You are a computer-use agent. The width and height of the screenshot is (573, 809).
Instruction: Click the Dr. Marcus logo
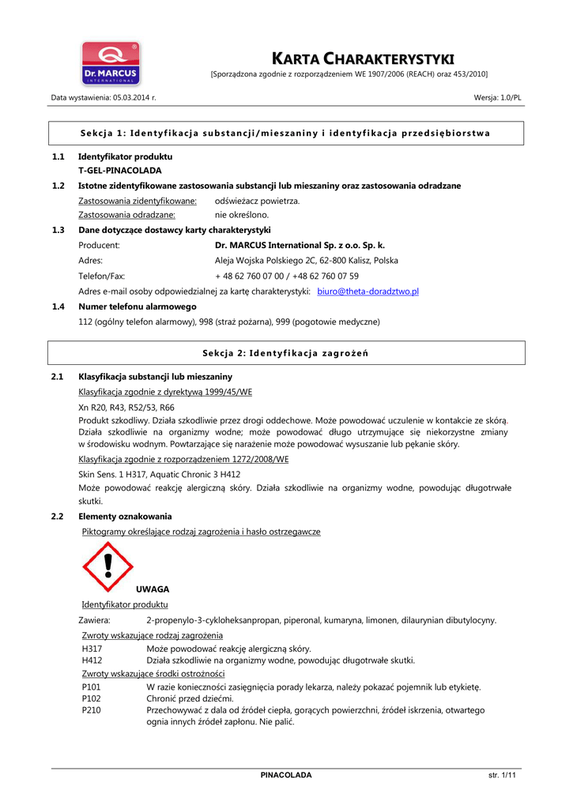[x=111, y=63]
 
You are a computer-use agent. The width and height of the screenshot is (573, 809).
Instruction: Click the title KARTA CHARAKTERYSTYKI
[x=363, y=58]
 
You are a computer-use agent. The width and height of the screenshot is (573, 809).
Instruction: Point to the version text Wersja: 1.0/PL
[x=497, y=97]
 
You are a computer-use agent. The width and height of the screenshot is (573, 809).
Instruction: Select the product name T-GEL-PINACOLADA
[x=120, y=170]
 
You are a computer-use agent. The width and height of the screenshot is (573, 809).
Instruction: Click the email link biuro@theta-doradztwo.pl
[x=368, y=292]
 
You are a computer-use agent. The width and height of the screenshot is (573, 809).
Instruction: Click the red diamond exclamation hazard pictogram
[x=107, y=566]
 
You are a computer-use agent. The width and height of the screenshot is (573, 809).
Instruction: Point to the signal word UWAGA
[x=153, y=589]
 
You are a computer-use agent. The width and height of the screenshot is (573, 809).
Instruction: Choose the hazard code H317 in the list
[x=92, y=649]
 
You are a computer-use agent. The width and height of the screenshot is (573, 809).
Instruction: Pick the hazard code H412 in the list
[x=92, y=660]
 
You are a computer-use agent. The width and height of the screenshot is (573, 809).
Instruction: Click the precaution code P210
[x=91, y=710]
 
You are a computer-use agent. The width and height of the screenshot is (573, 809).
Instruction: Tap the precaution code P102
[x=91, y=698]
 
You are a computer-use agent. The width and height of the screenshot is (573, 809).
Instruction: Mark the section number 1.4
[x=58, y=307]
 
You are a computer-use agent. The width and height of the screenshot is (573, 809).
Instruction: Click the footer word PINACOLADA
[x=286, y=775]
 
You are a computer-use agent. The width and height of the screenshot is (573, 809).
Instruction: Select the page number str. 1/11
[x=502, y=775]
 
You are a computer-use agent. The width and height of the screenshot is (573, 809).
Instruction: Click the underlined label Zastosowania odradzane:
[x=126, y=215]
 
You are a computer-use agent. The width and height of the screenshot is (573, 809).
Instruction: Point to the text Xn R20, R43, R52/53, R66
[x=126, y=407]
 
